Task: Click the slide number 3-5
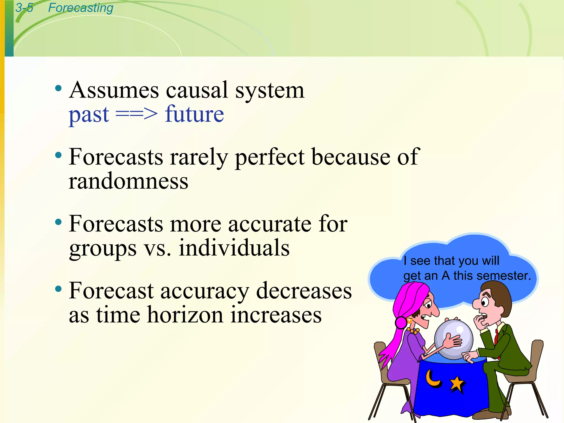(24, 8)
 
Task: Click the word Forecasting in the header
(80, 8)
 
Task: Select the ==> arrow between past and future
(137, 114)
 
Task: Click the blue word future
(194, 114)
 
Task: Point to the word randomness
(128, 181)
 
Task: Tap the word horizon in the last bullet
(185, 315)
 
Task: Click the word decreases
(304, 291)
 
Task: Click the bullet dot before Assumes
(58, 89)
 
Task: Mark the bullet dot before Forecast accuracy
(58, 289)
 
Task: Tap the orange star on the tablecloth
(457, 383)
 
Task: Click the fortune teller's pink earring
(401, 322)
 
